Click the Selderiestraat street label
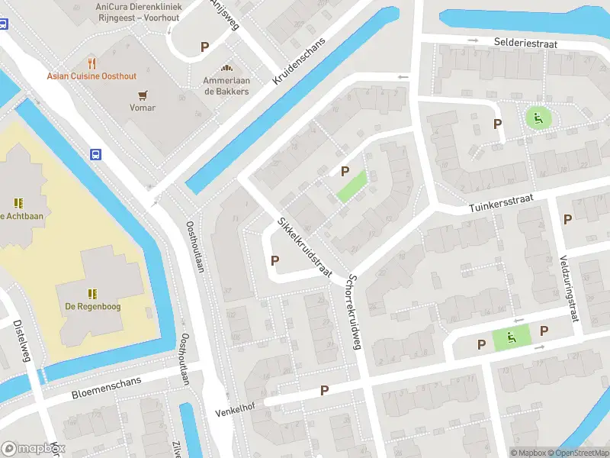[x=525, y=44]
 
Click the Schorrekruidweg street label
[x=352, y=312]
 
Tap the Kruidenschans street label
[x=299, y=61]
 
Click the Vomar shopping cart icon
[x=142, y=95]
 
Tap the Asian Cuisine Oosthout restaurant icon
[x=92, y=63]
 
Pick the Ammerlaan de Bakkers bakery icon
[x=226, y=68]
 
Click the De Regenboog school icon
[x=92, y=293]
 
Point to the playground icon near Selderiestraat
[x=538, y=118]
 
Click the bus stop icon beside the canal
[x=96, y=153]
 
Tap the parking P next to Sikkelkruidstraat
[x=274, y=261]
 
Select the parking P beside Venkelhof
[x=325, y=390]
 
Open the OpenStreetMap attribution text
[x=573, y=453]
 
